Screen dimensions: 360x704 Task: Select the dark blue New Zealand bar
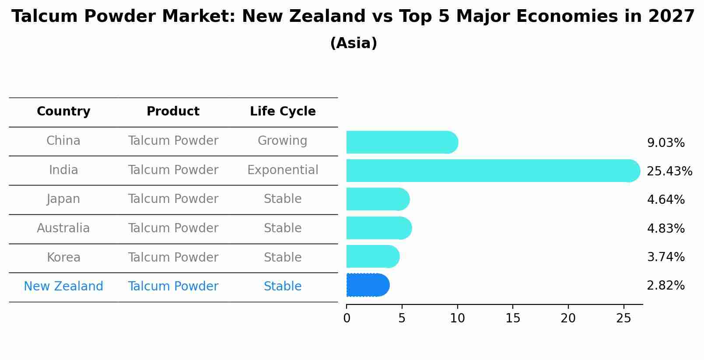tap(368, 285)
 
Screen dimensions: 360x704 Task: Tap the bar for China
tap(402, 142)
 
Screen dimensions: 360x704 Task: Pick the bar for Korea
tap(372, 256)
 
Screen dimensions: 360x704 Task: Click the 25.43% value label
tap(669, 171)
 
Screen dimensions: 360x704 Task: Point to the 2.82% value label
tap(665, 286)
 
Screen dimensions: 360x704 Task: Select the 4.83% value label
tap(665, 228)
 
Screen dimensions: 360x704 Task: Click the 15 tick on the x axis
tap(513, 318)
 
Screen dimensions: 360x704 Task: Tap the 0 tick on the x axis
tap(347, 318)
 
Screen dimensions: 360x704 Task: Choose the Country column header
tap(63, 112)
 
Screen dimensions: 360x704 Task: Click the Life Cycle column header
tap(283, 112)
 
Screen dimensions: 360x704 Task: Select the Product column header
tap(173, 112)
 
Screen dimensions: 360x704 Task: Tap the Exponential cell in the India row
tap(283, 170)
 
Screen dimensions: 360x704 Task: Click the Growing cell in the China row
tap(282, 141)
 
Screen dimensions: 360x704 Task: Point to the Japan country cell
tap(63, 199)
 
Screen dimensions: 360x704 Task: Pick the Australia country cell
tap(63, 228)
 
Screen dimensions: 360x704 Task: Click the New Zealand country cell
tap(63, 287)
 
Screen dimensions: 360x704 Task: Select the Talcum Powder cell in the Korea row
tap(173, 258)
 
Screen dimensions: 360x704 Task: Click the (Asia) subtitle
tap(354, 43)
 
